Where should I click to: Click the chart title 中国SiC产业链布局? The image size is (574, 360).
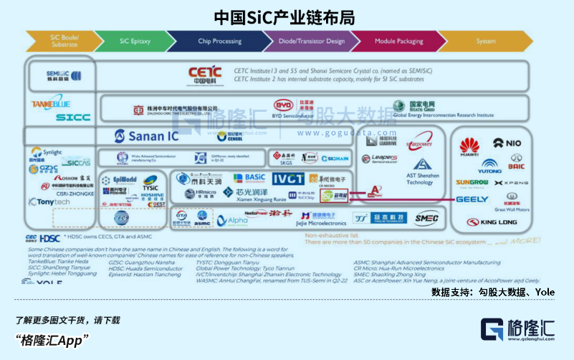tap(286, 16)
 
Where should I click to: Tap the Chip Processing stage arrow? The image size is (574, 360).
tap(219, 42)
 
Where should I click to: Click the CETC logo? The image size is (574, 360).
tap(207, 74)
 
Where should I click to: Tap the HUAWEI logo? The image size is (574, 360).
tap(469, 146)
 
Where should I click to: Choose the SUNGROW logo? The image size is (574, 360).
tap(472, 183)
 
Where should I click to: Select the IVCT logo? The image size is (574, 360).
tap(288, 179)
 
